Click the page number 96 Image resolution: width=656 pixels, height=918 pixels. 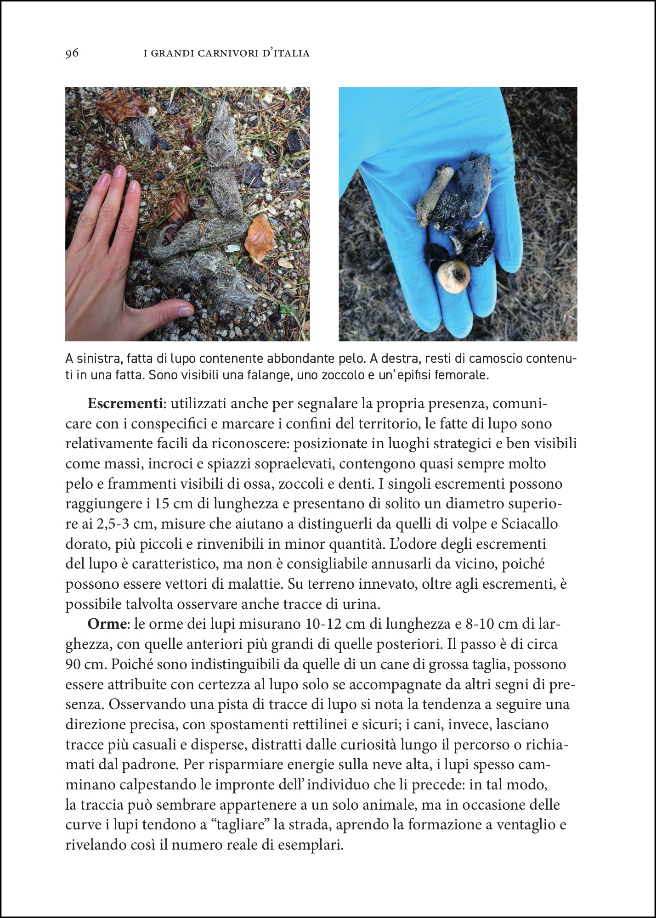click(x=72, y=53)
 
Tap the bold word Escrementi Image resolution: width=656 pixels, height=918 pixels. click(x=125, y=404)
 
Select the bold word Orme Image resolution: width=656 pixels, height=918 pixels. click(x=107, y=624)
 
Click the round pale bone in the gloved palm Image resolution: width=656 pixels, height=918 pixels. click(x=453, y=276)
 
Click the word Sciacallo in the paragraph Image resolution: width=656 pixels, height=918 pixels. click(x=530, y=524)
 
